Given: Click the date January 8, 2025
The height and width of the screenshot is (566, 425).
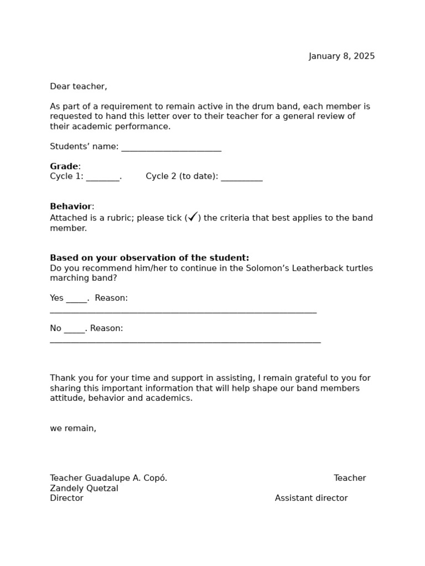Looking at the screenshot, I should tap(341, 56).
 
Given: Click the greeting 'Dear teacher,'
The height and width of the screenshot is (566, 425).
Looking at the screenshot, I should tap(79, 86).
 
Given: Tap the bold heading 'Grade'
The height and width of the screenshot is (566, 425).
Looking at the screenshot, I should tap(64, 166).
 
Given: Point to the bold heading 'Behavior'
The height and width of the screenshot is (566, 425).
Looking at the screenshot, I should tap(71, 207).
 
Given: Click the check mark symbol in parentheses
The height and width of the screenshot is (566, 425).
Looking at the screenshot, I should tap(193, 217).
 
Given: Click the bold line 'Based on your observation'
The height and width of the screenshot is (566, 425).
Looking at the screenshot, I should tap(149, 258).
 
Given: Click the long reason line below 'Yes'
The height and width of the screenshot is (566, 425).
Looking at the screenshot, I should tap(183, 312).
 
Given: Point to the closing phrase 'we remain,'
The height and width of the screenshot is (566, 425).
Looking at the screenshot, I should tap(73, 428).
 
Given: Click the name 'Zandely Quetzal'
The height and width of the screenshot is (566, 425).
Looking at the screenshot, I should tap(84, 489).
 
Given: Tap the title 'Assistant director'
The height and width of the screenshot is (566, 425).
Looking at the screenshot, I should tap(311, 498).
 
